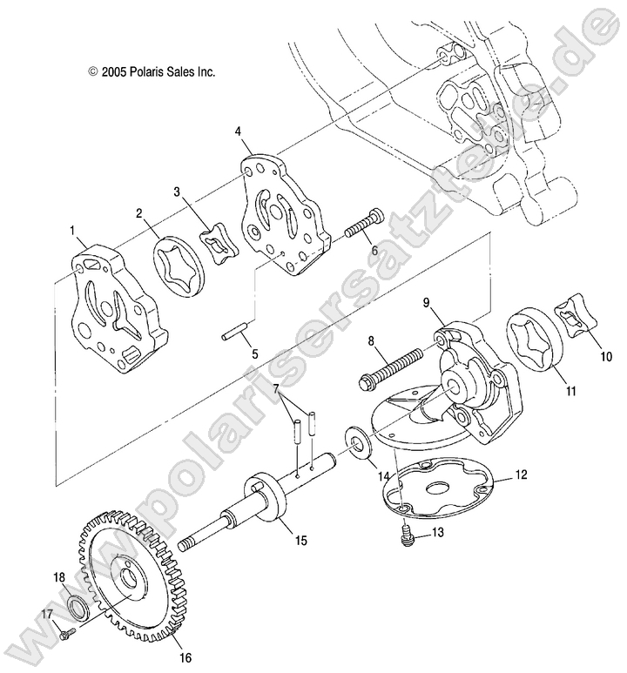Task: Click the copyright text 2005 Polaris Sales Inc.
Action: pos(152,73)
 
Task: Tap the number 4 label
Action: pos(238,131)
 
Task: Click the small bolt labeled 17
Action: pos(65,636)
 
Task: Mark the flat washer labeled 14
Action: pos(357,441)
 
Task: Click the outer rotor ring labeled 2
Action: pos(179,261)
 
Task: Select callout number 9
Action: pos(428,302)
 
